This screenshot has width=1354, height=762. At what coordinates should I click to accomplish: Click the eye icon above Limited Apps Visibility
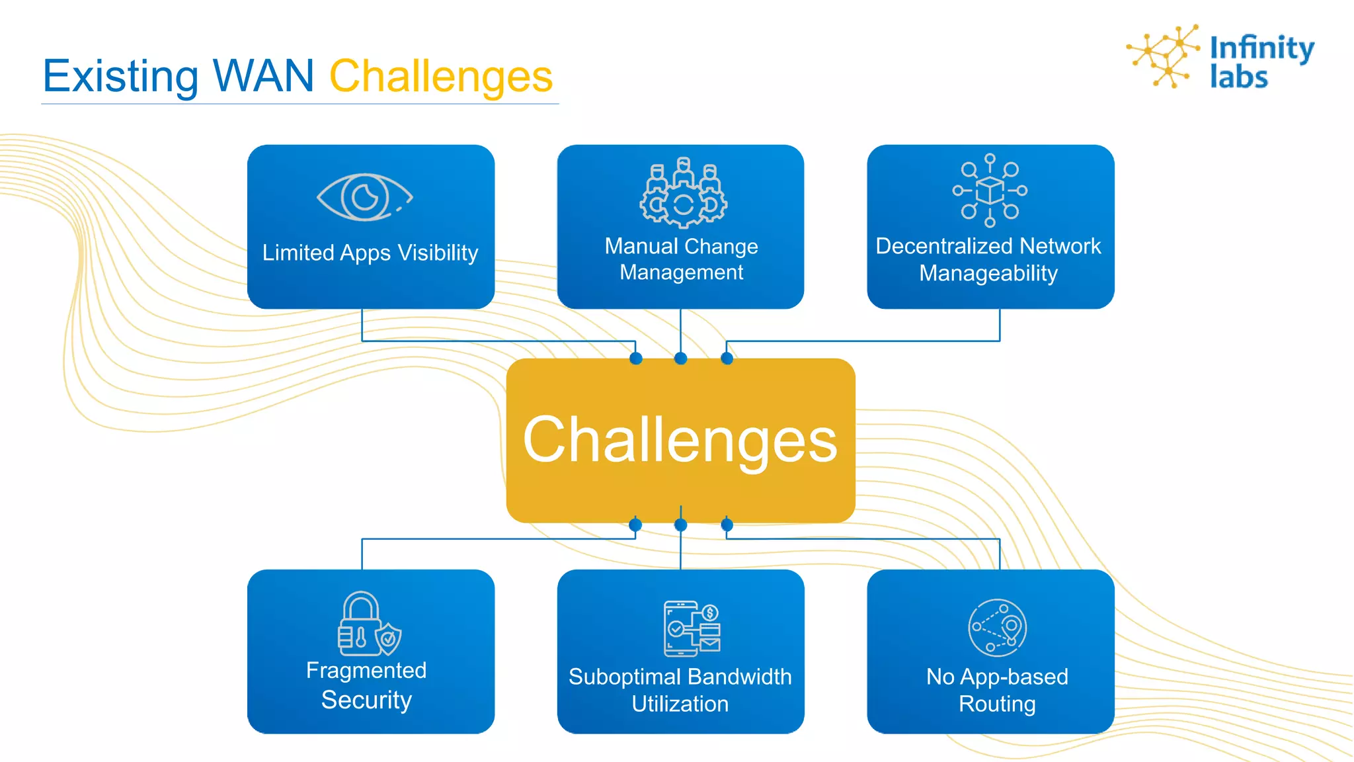click(364, 197)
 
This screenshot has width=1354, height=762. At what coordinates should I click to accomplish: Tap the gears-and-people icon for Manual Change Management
click(683, 192)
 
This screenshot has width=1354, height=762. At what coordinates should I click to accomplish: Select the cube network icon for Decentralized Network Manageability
click(990, 190)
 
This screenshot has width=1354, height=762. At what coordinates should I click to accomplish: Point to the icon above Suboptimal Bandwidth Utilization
click(692, 628)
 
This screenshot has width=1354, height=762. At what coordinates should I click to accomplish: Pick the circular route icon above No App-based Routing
click(997, 628)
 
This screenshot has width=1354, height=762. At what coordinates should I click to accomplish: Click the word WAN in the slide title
click(263, 76)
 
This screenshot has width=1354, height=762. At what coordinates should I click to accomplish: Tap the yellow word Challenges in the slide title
click(441, 77)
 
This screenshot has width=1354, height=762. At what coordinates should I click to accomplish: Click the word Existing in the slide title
click(120, 77)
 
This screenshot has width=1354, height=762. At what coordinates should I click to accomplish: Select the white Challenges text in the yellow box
click(680, 441)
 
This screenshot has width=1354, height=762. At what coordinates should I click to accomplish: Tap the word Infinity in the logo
click(1261, 48)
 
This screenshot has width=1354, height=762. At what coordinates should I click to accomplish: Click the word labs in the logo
click(1238, 77)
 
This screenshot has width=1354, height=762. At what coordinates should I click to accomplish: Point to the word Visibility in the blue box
click(438, 253)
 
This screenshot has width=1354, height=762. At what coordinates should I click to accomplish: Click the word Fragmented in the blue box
click(366, 671)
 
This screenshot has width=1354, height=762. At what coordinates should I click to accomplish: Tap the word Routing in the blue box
click(997, 704)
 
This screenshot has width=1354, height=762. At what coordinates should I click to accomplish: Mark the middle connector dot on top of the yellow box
click(680, 359)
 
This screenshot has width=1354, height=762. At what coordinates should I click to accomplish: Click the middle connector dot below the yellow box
click(680, 525)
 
